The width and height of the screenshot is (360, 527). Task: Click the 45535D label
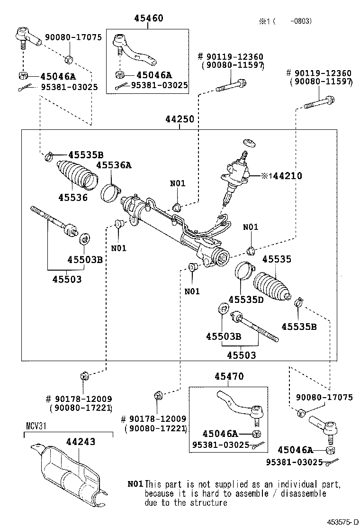[x=245, y=299]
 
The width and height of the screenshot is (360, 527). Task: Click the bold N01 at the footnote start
[x=135, y=484]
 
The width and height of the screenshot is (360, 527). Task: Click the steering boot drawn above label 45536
[x=76, y=176]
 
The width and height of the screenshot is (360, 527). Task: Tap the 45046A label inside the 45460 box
[x=154, y=75]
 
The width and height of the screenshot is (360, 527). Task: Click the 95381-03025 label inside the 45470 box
[x=220, y=445]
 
